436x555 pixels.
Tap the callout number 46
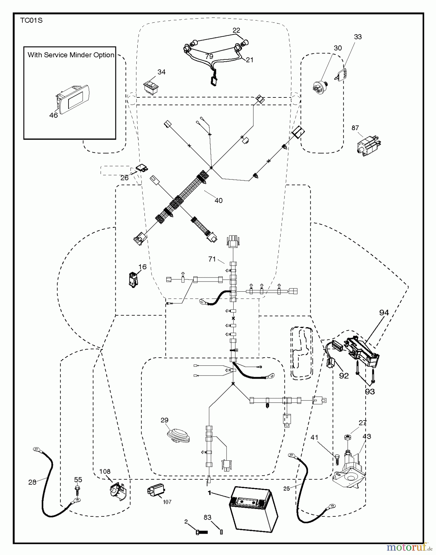[x=54, y=115]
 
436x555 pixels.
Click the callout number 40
[x=218, y=200]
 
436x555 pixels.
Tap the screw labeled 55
[x=77, y=489]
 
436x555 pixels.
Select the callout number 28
[x=32, y=482]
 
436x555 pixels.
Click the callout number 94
[x=384, y=313]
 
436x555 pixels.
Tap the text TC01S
[x=31, y=21]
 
